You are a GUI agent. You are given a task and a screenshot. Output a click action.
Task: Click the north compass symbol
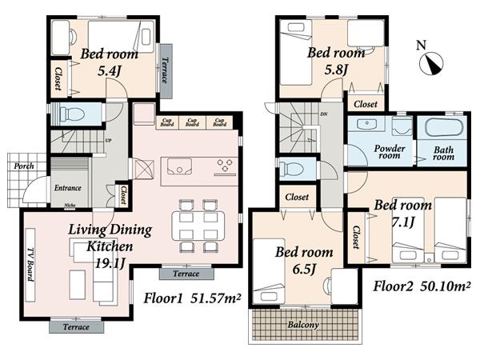coord(433,59)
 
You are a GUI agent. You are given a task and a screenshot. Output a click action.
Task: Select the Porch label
coord(23,166)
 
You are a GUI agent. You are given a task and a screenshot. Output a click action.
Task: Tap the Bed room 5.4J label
coord(109,62)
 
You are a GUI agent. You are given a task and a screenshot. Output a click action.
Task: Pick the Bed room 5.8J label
coord(336,60)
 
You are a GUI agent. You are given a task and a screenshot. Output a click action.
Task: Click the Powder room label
coord(390,153)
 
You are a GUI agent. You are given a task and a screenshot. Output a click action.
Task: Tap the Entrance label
coord(67,188)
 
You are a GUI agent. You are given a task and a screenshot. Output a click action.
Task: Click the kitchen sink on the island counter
coord(180,168)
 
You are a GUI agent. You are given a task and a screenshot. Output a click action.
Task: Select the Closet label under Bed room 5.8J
coord(365,104)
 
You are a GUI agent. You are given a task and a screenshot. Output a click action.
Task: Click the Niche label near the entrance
coord(70,206)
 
